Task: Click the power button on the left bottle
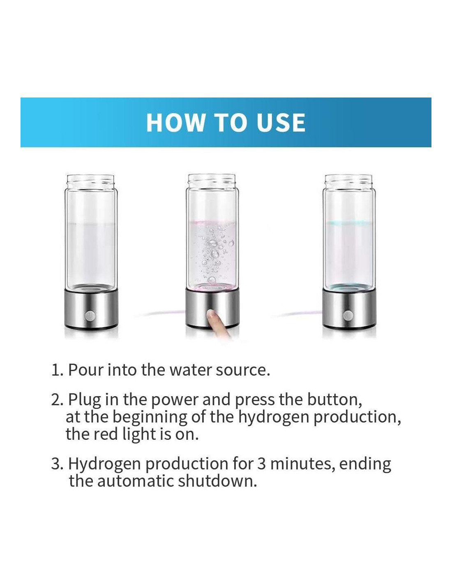point(90,315)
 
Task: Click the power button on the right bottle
point(348,315)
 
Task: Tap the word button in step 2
point(334,399)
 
